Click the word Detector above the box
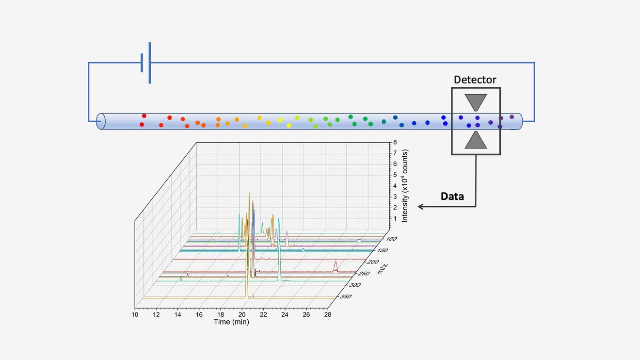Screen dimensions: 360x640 click(x=475, y=80)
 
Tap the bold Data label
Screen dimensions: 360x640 click(x=452, y=196)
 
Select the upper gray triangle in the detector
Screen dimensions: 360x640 click(x=475, y=102)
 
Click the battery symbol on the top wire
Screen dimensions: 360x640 click(x=145, y=63)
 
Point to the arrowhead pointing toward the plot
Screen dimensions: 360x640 click(x=421, y=207)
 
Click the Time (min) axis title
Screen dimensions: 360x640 click(x=231, y=322)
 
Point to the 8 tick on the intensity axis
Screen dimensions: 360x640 click(x=395, y=142)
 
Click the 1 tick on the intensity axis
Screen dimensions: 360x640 click(x=395, y=219)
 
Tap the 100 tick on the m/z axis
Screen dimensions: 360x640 click(x=391, y=239)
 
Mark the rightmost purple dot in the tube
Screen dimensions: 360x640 click(x=512, y=117)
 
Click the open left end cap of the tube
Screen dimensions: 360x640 click(x=101, y=121)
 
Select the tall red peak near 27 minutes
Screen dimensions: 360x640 click(x=336, y=266)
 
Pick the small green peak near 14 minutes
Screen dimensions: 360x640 click(x=181, y=278)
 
